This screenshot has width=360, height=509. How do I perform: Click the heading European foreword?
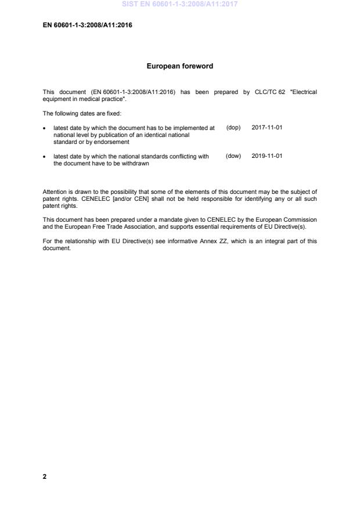(x=179, y=66)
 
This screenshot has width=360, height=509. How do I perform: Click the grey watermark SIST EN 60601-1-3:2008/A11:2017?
(x=179, y=4)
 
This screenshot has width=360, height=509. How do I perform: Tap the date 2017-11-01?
(x=267, y=127)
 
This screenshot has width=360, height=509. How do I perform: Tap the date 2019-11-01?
(x=267, y=156)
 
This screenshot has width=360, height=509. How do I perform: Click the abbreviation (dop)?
(x=233, y=127)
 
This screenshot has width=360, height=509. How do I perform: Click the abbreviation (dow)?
(x=233, y=156)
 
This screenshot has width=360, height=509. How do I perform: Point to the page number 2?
(x=45, y=477)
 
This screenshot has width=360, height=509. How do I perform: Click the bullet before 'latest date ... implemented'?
(x=45, y=128)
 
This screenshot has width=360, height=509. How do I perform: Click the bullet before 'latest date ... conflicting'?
(x=45, y=157)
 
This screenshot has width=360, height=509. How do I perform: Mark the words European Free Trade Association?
(x=120, y=227)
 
